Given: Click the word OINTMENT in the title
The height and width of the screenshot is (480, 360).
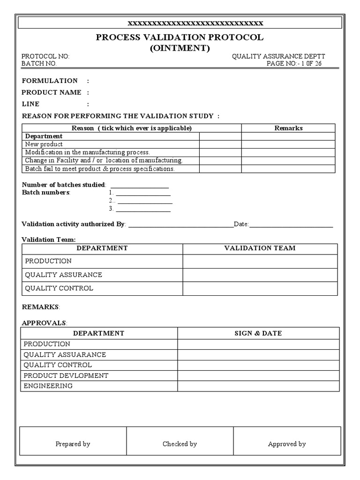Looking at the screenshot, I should [180, 48].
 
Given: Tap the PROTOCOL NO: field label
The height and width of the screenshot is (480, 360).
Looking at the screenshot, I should [45, 56].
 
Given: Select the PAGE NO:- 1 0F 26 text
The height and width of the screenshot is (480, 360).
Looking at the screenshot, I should [294, 63].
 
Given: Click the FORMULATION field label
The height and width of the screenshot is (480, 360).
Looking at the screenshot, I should [50, 81].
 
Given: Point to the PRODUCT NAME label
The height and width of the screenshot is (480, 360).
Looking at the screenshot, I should [52, 92].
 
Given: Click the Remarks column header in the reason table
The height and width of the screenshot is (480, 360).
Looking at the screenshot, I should [288, 128].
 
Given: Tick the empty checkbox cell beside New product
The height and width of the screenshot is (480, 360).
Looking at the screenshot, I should [220, 144].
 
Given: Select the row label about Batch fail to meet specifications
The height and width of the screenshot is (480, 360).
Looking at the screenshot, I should [100, 169].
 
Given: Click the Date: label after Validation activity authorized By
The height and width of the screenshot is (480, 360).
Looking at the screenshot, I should [241, 225].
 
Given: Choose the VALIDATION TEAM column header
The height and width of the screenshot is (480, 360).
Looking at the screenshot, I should [260, 248].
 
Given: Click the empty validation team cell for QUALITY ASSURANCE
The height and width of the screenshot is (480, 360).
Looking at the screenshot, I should [260, 275].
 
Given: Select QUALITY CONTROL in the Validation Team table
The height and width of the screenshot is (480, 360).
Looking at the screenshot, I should [59, 288].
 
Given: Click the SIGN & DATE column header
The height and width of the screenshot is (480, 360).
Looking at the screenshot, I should [258, 333].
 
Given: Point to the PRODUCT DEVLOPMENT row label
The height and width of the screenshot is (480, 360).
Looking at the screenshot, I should [66, 375].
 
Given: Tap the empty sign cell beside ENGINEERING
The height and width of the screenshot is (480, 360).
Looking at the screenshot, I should [258, 386].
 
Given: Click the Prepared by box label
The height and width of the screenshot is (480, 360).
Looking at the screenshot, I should [73, 444].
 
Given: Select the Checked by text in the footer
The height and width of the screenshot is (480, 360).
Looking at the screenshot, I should [180, 444].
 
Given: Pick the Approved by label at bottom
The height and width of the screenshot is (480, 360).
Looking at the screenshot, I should [287, 444].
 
